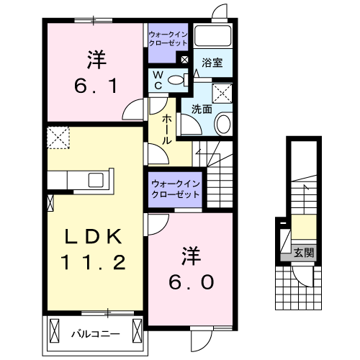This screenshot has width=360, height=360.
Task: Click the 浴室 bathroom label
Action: click(212, 63)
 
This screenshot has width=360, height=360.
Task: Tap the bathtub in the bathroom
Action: click(213, 37)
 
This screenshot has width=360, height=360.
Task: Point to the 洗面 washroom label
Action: click(201, 109)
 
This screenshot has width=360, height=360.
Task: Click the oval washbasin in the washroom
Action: click(222, 124)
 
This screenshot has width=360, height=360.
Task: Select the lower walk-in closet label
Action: click(176, 189)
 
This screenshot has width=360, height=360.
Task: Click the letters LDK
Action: click(91, 237)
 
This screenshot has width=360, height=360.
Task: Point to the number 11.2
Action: click(91, 263)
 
